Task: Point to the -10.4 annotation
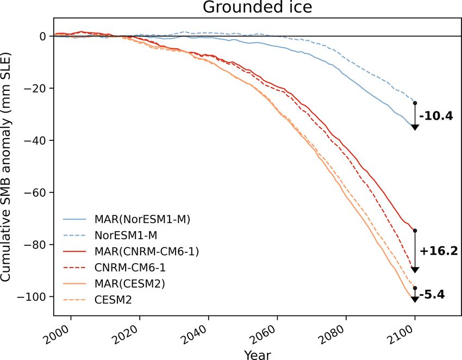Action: coord(438,116)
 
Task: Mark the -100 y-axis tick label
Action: coord(35,296)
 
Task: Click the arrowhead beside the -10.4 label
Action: coord(415,127)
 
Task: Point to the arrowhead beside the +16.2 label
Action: coord(415,270)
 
